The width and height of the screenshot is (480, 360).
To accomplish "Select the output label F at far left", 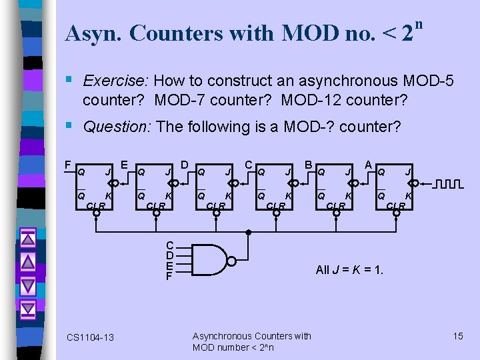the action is [x=67, y=164].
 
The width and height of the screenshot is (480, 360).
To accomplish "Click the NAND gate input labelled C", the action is [x=170, y=245].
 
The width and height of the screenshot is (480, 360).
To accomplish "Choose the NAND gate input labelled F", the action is [x=170, y=275].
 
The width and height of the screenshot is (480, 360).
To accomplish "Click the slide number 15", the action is [x=458, y=336].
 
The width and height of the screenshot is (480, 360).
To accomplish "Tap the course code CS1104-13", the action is [x=91, y=337].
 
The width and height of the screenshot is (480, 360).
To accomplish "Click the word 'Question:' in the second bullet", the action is [x=116, y=127].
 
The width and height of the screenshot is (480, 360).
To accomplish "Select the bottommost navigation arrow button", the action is [x=28, y=309].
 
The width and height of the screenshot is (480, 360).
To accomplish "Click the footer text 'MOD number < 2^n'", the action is [x=233, y=347].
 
